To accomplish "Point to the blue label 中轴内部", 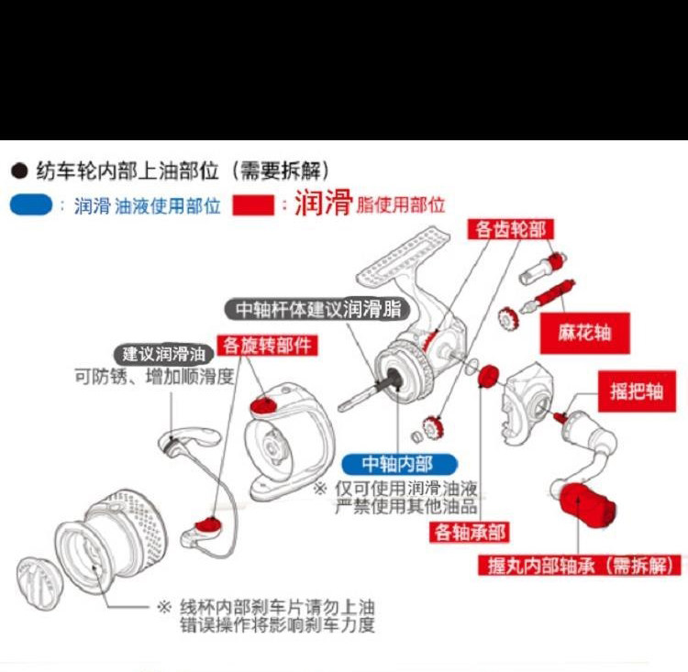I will coord(397,464).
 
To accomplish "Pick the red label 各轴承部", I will coord(472,531).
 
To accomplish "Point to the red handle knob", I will coord(583,506).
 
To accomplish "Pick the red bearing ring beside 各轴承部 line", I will coord(488,376).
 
